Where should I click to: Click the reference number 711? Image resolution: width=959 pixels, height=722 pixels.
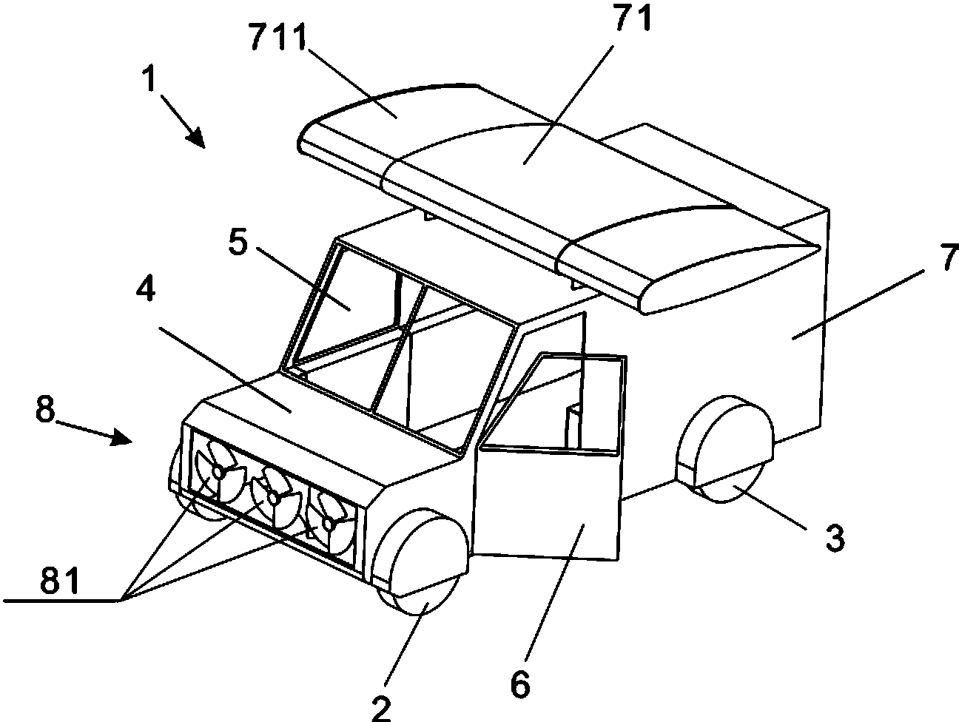pos(278,37)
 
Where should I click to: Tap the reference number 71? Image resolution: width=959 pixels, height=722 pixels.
pos(633,18)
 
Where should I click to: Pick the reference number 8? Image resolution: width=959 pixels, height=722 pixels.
pos(45,409)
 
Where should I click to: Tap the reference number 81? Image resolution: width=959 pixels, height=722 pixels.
pos(60,580)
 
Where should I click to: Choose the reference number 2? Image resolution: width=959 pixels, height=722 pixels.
pos(381,707)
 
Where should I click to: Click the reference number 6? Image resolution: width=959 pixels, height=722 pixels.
pos(520,684)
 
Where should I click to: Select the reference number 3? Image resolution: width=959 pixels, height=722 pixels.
pos(835,538)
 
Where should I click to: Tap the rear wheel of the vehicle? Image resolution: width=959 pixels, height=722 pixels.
pos(724,449)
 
